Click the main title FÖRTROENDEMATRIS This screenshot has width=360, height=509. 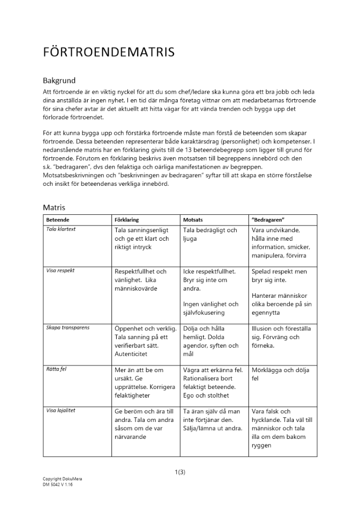[x=108, y=52]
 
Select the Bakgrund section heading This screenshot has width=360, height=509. [x=60, y=80]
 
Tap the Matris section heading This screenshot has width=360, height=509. [x=54, y=207]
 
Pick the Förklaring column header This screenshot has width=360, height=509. [x=127, y=220]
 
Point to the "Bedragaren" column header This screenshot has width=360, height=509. [x=268, y=220]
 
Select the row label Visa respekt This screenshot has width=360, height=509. [x=60, y=271]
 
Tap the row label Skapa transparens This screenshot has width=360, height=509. [x=68, y=328]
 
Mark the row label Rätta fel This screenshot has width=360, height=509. [x=56, y=369]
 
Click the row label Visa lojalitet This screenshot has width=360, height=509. [x=61, y=410]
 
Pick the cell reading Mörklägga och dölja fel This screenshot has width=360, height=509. [x=280, y=374]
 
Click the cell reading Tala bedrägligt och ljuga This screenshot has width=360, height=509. [x=210, y=234]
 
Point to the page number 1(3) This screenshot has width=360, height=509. [x=180, y=472]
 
